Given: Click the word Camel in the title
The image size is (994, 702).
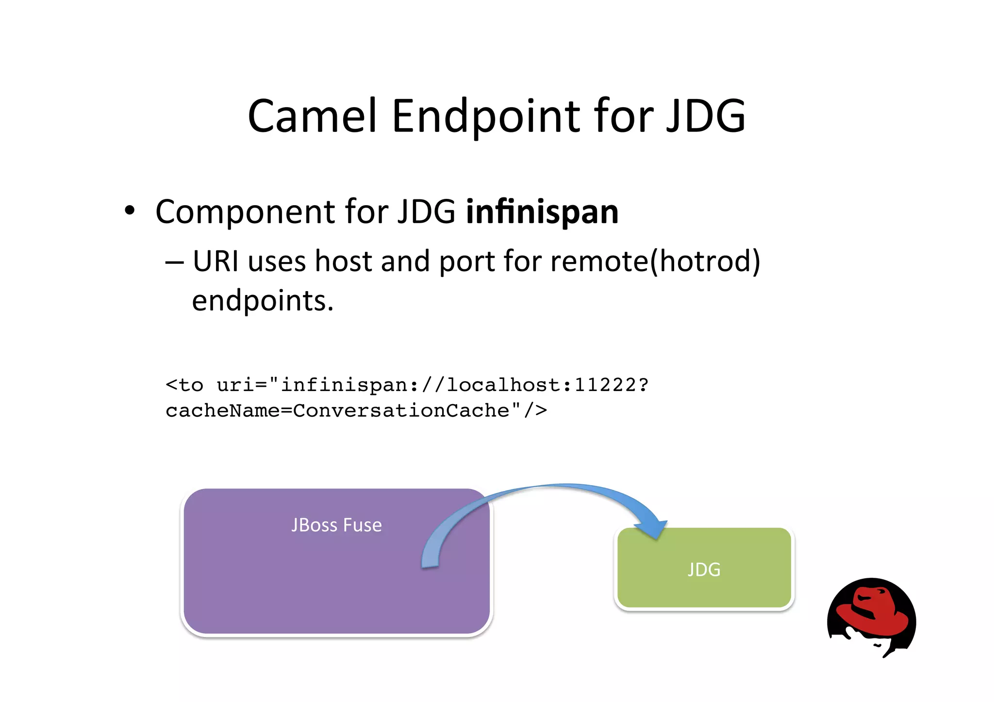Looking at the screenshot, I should (312, 116).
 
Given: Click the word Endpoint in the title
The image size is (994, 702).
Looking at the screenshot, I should (485, 116).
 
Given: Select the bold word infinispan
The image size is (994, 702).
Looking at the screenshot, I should (542, 212).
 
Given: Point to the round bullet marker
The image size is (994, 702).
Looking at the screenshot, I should (129, 211).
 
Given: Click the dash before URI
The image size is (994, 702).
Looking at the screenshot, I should (174, 262).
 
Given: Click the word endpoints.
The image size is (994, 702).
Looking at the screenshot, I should (262, 301).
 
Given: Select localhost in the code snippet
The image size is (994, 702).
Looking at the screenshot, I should (503, 385).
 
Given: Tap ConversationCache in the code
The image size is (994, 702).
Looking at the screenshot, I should (401, 411).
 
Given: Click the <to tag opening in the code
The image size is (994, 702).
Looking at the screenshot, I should (184, 385).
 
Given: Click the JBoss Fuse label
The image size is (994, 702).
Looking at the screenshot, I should (336, 525).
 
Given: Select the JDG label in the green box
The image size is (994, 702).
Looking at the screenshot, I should (704, 570).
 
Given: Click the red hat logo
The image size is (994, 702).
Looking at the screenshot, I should (872, 616).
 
